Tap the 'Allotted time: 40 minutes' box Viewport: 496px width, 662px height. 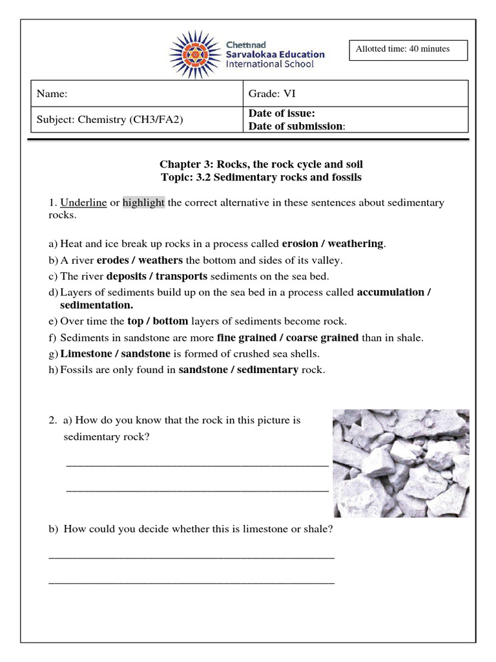pyautogui.click(x=408, y=49)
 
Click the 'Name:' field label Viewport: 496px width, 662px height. pyautogui.click(x=52, y=94)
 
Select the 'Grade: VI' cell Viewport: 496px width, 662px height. pyautogui.click(x=272, y=94)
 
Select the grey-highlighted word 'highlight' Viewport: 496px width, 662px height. pyautogui.click(x=143, y=203)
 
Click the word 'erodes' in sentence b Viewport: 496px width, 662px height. pyautogui.click(x=113, y=261)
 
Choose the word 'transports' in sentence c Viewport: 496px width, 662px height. pyautogui.click(x=182, y=277)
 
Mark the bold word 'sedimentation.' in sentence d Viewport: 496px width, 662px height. pyautogui.click(x=97, y=304)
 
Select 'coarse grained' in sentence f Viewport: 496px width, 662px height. pyautogui.click(x=322, y=337)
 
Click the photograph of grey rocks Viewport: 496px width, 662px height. pyautogui.click(x=400, y=463)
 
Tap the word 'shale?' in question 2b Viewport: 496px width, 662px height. pyautogui.click(x=318, y=529)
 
